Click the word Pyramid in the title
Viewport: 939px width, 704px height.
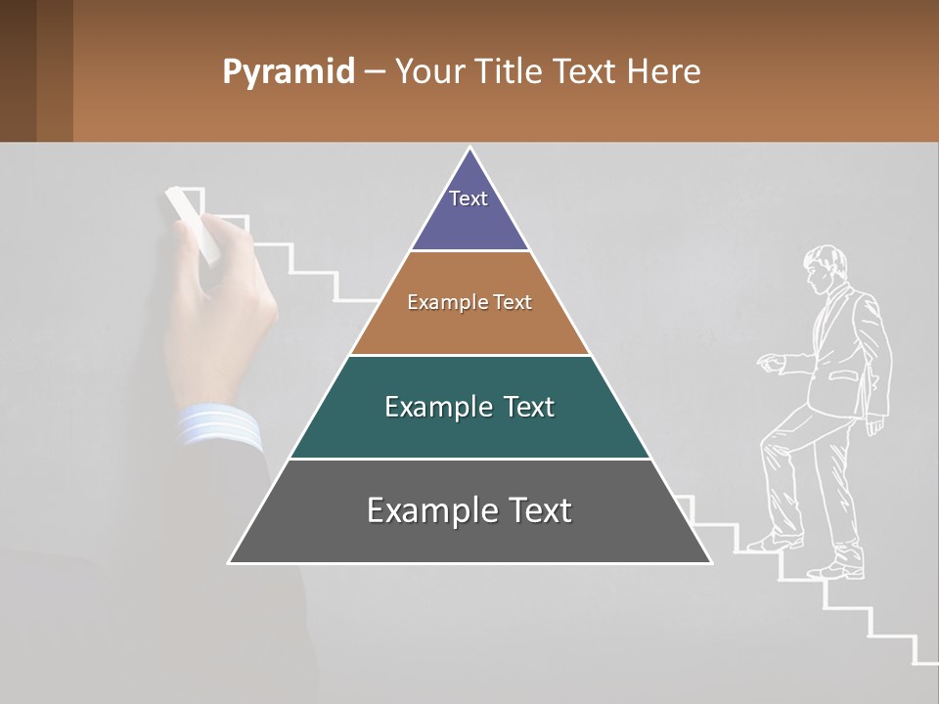[x=288, y=72]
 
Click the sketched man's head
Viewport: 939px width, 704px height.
[x=825, y=266]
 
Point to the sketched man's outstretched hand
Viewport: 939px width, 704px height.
[x=771, y=363]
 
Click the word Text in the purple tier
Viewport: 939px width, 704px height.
[x=469, y=198]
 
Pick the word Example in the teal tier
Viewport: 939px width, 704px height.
[x=427, y=407]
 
